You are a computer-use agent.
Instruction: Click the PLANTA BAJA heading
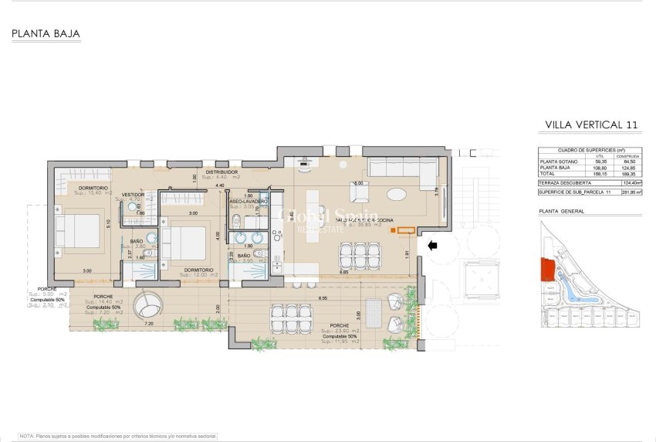coord(46,34)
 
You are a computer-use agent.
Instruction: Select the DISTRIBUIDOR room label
coord(220,172)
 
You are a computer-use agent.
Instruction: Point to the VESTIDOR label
coord(134,194)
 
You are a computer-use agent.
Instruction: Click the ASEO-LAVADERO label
coord(249,201)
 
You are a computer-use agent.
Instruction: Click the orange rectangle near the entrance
coord(406,229)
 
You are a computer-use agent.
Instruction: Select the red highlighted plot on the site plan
coord(547,270)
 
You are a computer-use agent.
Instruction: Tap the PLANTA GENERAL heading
coord(561,211)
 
